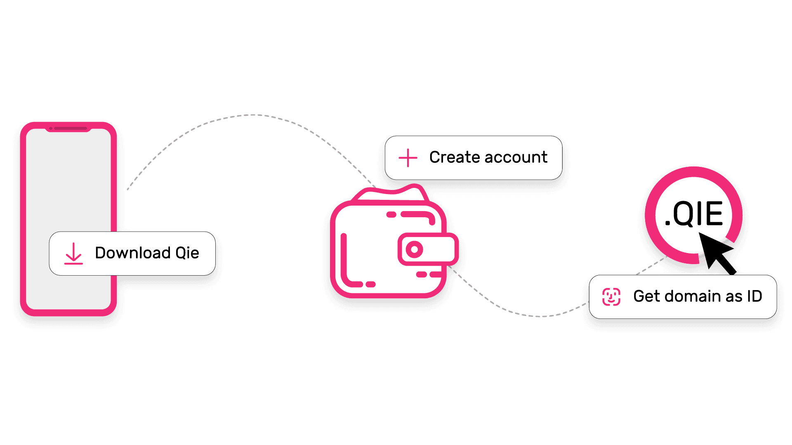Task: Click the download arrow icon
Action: [73, 253]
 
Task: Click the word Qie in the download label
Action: [187, 253]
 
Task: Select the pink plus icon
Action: [408, 158]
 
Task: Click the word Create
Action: [454, 157]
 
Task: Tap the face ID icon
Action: [611, 297]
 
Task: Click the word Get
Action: [647, 296]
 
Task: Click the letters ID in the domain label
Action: [754, 296]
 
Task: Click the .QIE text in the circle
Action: [694, 214]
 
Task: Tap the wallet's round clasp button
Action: [414, 249]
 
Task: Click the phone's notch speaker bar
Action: [71, 129]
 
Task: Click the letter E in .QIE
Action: [714, 214]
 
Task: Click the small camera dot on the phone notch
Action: [51, 129]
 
